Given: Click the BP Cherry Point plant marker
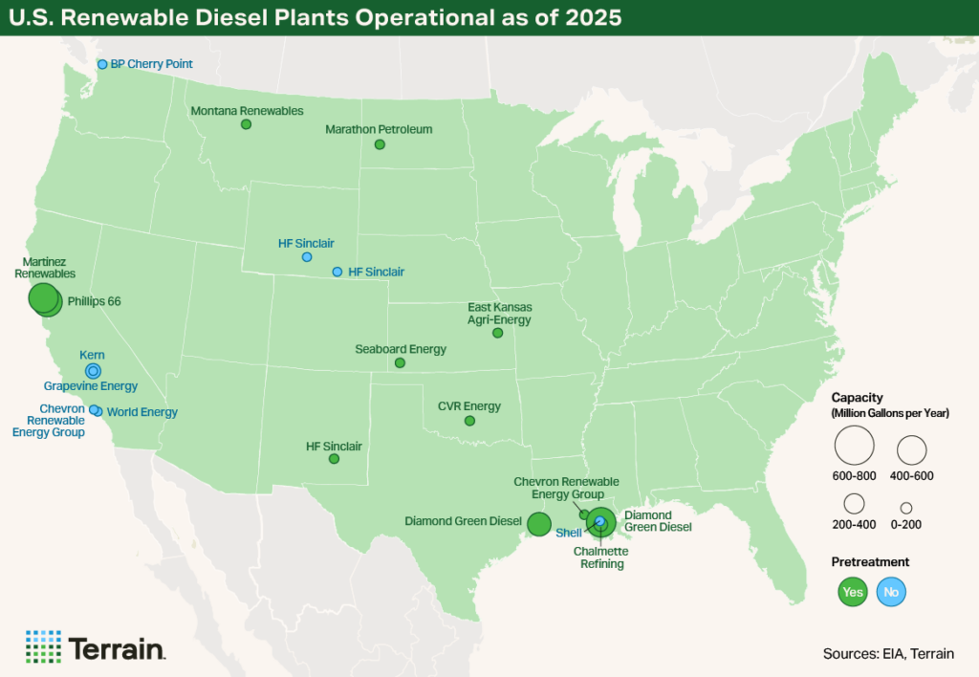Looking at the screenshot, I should tap(102, 64).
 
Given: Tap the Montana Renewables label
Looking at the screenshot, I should tap(247, 111).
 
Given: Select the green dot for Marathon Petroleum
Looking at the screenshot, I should tap(380, 144).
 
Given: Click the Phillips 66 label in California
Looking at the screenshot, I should tap(94, 301).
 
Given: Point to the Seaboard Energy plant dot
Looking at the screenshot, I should tap(400, 363).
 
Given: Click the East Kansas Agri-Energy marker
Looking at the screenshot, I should tap(497, 333).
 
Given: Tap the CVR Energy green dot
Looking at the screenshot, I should tap(469, 421).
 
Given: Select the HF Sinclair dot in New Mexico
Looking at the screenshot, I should tap(334, 459).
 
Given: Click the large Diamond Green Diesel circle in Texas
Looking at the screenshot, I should tap(538, 523).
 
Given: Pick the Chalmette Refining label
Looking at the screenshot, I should tap(598, 557).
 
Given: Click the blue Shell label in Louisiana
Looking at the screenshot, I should tap(569, 533).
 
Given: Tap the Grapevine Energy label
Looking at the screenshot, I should tap(91, 386).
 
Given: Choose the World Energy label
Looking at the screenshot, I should tap(141, 412).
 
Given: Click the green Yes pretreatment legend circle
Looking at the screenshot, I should tap(852, 592).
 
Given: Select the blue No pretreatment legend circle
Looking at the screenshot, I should tap(891, 592).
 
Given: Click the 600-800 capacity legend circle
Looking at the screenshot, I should tap(854, 446).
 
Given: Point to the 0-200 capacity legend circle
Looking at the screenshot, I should tap(905, 508).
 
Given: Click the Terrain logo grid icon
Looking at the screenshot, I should tap(43, 647).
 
